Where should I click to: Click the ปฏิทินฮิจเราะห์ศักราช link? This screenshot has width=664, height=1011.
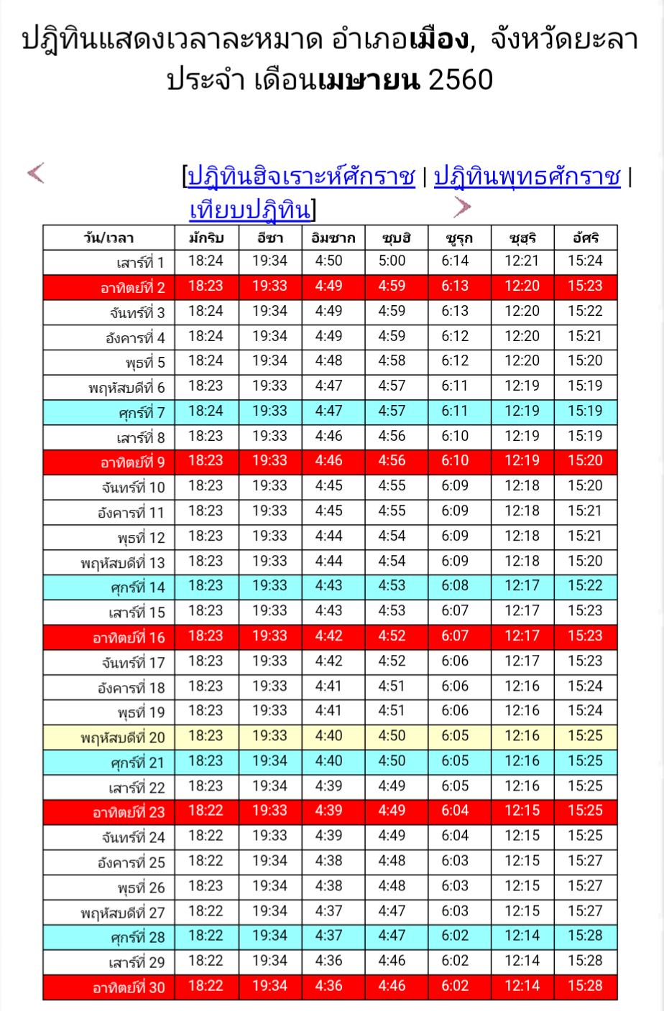click(301, 177)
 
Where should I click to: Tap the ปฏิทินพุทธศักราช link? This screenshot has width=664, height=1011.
click(527, 177)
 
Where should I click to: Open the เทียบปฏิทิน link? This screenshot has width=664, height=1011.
click(250, 210)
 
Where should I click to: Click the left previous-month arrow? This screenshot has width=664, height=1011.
click(36, 173)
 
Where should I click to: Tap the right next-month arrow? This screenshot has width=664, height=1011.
click(462, 207)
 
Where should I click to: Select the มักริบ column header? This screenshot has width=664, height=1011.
click(206, 238)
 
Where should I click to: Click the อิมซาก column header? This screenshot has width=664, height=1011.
click(333, 238)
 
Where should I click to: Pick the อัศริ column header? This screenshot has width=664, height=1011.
click(586, 238)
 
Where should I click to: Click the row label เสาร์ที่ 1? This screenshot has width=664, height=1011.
click(141, 262)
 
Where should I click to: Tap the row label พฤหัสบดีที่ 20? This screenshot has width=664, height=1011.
click(123, 737)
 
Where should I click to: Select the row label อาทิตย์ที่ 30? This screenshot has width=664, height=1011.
click(129, 987)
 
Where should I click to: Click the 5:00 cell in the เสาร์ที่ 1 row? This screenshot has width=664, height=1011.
click(392, 261)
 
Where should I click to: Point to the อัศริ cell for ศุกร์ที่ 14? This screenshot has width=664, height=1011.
click(586, 586)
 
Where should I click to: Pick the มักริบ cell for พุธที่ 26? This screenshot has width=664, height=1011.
click(206, 886)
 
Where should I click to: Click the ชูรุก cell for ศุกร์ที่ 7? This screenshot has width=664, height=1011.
click(455, 411)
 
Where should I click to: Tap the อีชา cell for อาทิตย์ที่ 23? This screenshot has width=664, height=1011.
click(269, 811)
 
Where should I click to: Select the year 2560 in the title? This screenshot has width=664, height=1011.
click(461, 80)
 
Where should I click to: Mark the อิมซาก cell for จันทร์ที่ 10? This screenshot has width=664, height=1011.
click(329, 486)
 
